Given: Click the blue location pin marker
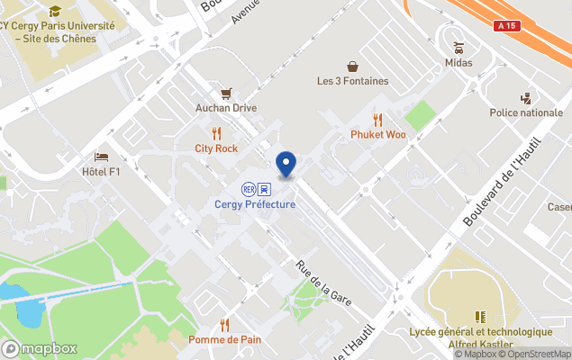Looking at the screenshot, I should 286,164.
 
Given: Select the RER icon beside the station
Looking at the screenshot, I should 248,189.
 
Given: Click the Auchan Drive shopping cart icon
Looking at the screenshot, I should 226,93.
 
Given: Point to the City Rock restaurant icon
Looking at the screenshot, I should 216,133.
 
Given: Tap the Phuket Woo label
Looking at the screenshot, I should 378,135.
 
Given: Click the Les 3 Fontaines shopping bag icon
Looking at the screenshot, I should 353,66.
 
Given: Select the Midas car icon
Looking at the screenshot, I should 459,47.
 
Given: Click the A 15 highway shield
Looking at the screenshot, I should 508,28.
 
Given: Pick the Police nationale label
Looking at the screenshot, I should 526,112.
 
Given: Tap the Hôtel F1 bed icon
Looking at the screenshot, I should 101,157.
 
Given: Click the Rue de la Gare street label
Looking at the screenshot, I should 323,283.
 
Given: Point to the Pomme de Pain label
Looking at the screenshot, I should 224,339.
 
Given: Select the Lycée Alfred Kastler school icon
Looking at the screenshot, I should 480,316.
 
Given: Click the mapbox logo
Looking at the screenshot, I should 40,348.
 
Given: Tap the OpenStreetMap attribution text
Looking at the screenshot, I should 538,354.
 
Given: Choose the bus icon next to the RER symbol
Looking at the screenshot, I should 264,189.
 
